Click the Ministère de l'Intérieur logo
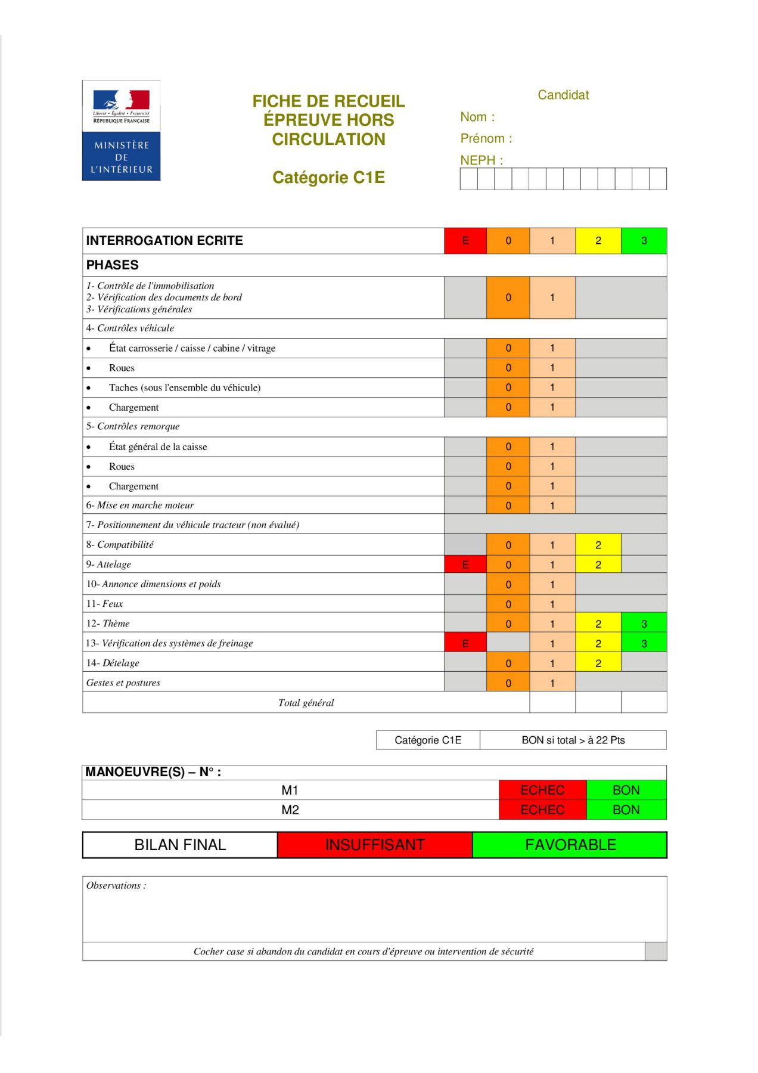[121, 131]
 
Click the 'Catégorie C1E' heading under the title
[328, 178]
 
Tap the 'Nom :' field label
[477, 117]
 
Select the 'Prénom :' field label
[486, 138]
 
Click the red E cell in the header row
[465, 241]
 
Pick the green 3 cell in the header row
[644, 241]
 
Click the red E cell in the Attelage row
[465, 565]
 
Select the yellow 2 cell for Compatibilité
[598, 545]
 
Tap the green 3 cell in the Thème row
[644, 624]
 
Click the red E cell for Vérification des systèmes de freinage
[465, 643]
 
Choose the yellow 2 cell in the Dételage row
[598, 663]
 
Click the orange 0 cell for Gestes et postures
[508, 683]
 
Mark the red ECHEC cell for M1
[542, 790]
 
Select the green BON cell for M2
[626, 810]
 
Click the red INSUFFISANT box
[375, 845]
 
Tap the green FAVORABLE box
[570, 845]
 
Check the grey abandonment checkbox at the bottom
[656, 951]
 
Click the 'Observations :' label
[116, 886]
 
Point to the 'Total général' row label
[306, 703]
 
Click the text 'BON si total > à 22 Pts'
[573, 740]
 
